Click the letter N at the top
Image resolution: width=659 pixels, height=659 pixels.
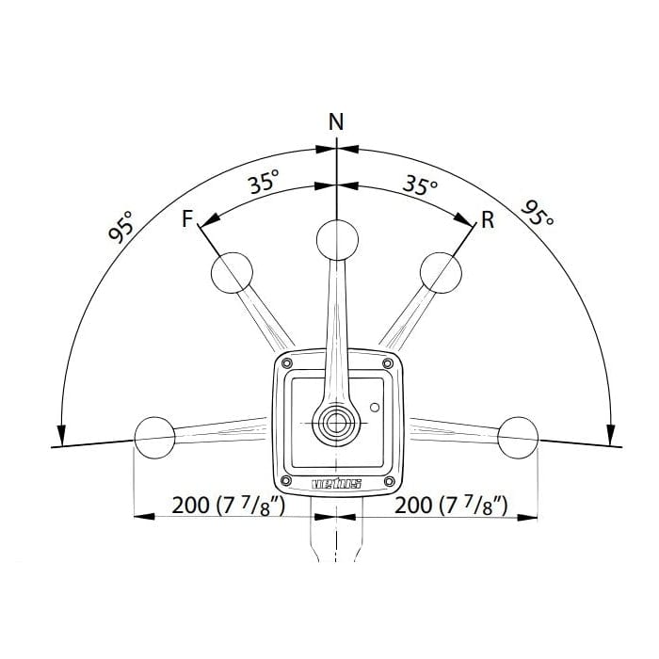point(336,121)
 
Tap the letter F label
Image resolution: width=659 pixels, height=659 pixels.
point(187,220)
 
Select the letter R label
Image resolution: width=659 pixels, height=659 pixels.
point(487,220)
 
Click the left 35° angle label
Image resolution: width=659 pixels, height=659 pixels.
point(265,183)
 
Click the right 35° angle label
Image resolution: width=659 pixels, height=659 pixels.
point(420,184)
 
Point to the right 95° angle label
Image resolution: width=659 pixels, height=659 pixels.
point(538,215)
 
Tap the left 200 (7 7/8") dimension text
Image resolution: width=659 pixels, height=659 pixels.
point(229,505)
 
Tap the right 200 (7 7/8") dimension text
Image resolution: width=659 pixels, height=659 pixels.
point(452,505)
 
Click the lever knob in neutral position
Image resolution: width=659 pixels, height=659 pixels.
point(336,239)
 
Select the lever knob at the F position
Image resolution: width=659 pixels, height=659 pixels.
point(232,274)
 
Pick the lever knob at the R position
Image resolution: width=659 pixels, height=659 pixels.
point(441,272)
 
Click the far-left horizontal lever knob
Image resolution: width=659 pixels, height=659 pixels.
point(154,436)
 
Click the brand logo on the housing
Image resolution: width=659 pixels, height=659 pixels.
point(336,485)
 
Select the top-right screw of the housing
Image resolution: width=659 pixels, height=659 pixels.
point(387,363)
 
